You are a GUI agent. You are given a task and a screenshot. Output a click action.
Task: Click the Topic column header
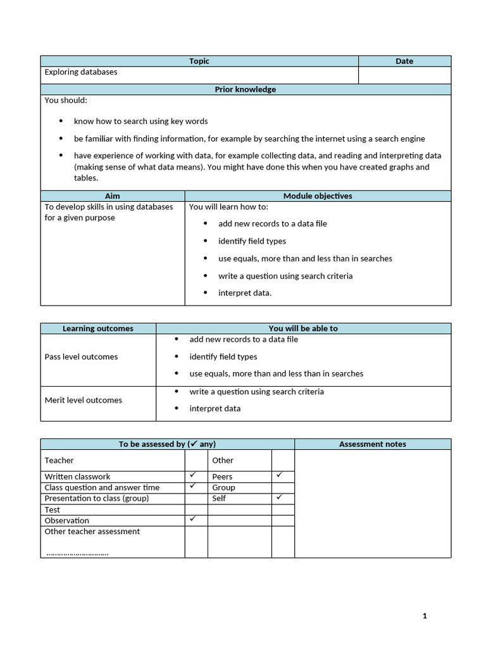(199, 61)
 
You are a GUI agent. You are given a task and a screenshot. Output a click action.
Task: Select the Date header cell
(404, 61)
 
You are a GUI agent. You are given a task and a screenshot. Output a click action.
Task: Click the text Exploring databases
(81, 72)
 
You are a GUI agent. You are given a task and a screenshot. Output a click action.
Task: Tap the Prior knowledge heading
(246, 89)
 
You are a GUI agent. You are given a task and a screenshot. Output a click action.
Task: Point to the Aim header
(112, 196)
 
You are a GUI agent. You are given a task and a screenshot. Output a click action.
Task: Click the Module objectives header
(318, 196)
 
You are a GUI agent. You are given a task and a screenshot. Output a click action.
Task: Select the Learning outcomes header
(98, 328)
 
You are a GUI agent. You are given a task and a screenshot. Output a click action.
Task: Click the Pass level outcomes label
(81, 357)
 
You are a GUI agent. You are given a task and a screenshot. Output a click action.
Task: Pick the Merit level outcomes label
(83, 400)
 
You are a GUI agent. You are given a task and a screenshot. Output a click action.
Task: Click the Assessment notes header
(373, 444)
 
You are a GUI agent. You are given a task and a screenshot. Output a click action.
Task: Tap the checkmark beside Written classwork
(193, 475)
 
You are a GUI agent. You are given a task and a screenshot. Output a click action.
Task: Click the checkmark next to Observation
(193, 519)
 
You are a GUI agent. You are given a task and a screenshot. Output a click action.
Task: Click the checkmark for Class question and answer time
(193, 486)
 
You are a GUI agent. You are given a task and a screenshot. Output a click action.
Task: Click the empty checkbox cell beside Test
(196, 509)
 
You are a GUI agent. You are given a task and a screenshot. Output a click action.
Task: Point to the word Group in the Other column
(223, 488)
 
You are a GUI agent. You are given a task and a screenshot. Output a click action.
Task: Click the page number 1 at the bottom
(425, 616)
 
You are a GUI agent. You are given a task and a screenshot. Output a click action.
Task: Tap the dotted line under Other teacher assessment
(77, 554)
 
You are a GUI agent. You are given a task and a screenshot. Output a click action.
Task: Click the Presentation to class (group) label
(97, 499)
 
